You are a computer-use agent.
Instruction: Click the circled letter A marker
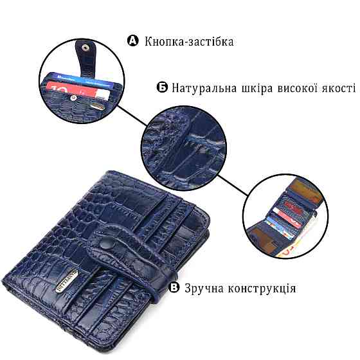pos(133,40)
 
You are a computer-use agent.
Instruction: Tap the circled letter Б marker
pos(162,87)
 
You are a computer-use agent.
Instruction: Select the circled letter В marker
pos(174,287)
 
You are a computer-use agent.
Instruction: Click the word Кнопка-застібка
pos(189,42)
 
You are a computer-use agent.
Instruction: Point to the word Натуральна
pos(204,88)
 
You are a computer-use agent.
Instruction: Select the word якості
pos(339,89)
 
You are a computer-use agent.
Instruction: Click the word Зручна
pos(204,289)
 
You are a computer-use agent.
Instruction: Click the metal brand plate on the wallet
pos(67,280)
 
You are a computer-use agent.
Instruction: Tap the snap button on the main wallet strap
pos(107,245)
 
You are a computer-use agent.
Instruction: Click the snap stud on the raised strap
pos(85,48)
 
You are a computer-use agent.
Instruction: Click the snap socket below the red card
pos(73,98)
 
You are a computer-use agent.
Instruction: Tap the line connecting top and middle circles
pos(132,116)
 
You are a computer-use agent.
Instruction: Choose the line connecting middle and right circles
pos(233,186)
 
